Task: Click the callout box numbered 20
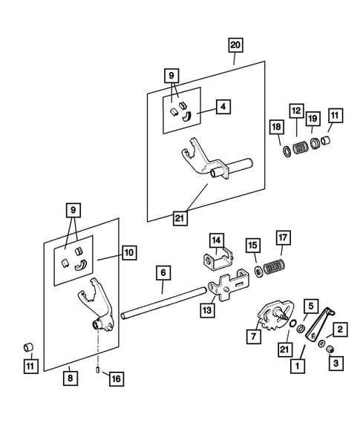pos(235,45)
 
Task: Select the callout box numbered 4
pos(223,107)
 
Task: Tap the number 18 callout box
pos(277,128)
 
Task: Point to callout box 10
pos(129,253)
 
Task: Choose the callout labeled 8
pos(71,378)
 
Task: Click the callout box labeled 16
pos(117,379)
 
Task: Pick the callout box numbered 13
pos(208,310)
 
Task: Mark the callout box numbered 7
pos(254,336)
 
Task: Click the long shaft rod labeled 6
pos(164,303)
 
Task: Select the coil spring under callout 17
pos(274,266)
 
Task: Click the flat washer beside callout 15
pos(258,272)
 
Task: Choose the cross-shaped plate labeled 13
pos(229,286)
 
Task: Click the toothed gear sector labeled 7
pos(275,315)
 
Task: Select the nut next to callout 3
pos(330,349)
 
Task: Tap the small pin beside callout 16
pos(98,370)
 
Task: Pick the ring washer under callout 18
pos(287,151)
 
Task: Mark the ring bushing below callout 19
pos(314,145)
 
